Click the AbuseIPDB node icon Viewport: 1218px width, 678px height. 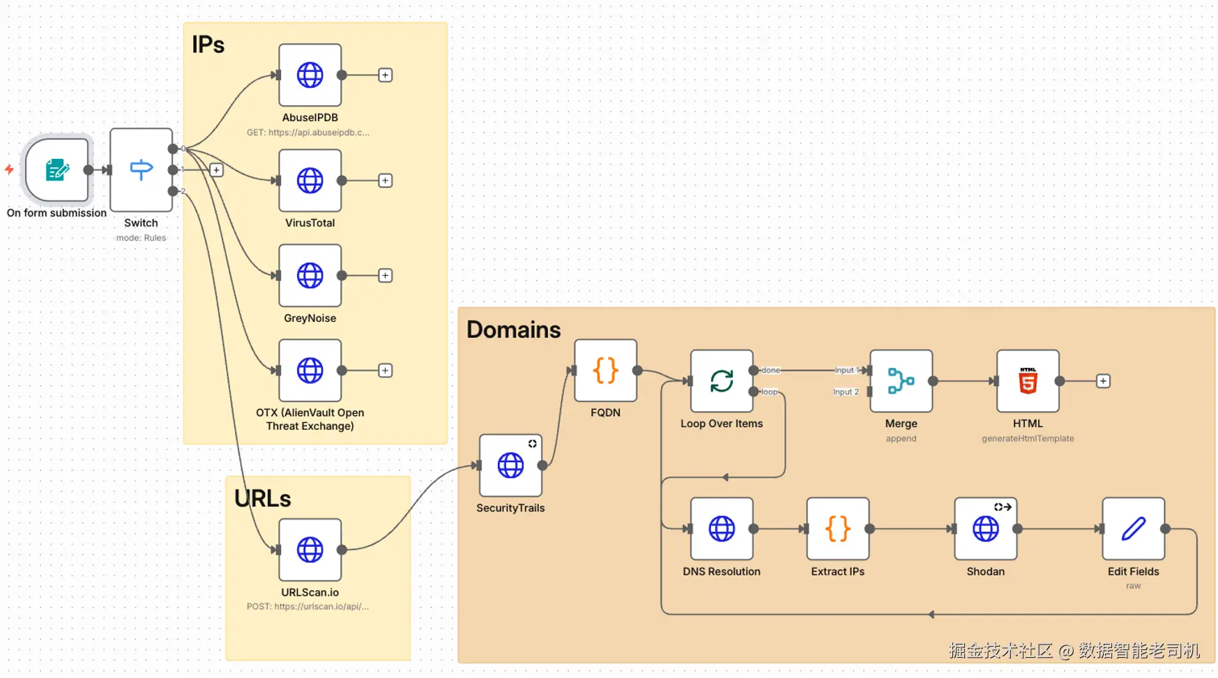coord(310,75)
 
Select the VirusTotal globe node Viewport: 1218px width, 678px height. coord(310,180)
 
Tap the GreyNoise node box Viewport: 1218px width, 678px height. coord(310,275)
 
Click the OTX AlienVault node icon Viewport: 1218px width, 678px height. coord(310,371)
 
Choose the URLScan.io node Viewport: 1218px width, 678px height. coord(310,550)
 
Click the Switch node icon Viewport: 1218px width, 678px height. coord(141,169)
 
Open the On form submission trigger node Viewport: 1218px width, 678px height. coord(57,169)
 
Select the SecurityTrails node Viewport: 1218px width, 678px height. coord(510,465)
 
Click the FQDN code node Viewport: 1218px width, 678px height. coord(605,371)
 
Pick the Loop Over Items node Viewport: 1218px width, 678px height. coord(722,381)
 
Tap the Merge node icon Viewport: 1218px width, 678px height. coord(901,381)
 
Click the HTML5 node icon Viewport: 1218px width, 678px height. coord(1028,381)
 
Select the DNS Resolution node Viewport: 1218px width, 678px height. coord(722,529)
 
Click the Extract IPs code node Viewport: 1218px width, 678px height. coord(837,529)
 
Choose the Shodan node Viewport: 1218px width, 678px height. coord(985,529)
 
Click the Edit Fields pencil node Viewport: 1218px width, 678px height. coord(1133,529)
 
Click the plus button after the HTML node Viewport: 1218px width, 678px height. coord(1103,381)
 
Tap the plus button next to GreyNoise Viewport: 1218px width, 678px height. coord(385,275)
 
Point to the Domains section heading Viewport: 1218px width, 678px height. coord(513,330)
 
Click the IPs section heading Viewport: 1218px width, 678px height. coord(208,45)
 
